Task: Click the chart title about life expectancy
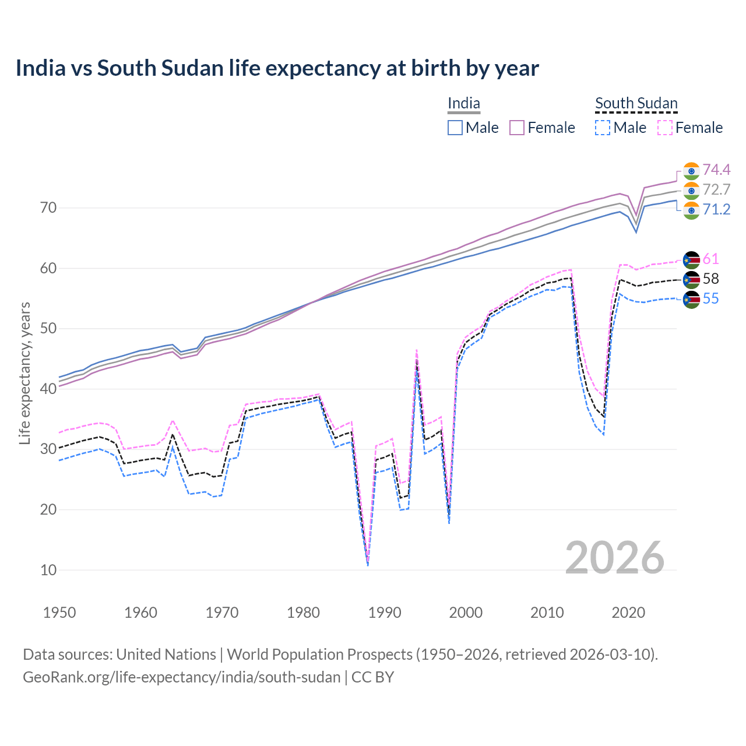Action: point(277,68)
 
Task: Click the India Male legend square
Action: point(455,128)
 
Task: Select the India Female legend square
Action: point(517,128)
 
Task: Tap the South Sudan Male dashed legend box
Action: point(603,128)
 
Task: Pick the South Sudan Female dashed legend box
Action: point(665,128)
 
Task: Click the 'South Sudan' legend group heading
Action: point(636,104)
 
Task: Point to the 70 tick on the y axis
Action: point(48,207)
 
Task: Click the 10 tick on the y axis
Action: point(48,570)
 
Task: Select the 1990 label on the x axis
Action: point(385,613)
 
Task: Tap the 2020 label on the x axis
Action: point(628,613)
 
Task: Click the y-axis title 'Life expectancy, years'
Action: point(25,373)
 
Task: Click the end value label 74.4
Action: point(716,170)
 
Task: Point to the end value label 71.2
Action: point(716,209)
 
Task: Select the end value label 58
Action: point(711,279)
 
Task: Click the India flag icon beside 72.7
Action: point(691,190)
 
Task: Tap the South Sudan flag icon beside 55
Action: point(691,300)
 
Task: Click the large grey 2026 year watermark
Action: point(615,558)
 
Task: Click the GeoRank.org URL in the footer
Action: point(181,677)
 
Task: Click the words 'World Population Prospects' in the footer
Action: point(319,654)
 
